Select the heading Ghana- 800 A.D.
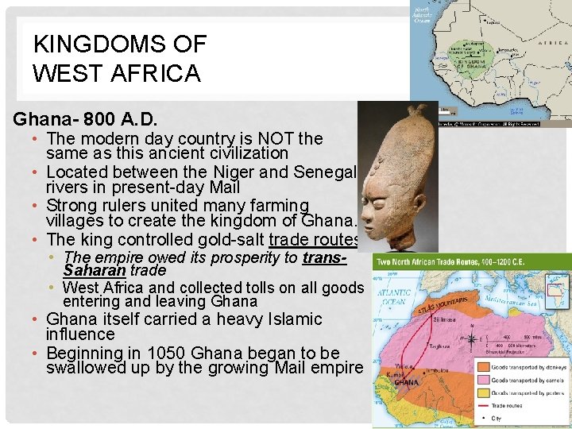coord(85,120)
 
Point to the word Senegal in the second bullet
coord(327,172)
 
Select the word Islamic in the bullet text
coord(291,319)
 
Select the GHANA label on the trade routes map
coord(406,382)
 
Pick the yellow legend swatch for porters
coord(485,392)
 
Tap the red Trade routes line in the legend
coord(485,405)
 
